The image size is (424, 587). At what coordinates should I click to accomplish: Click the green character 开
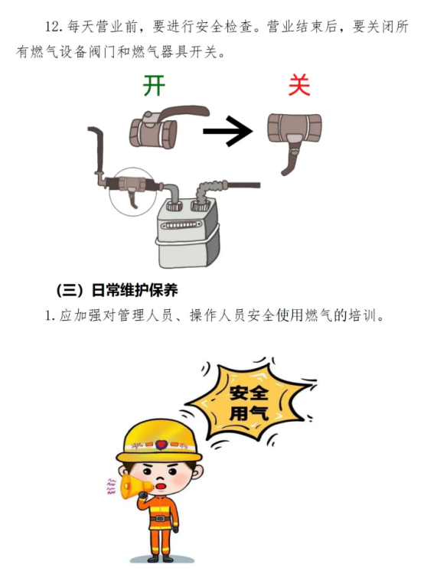point(154,86)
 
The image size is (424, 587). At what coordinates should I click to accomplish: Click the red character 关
point(299,85)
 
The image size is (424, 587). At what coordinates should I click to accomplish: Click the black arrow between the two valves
point(228,131)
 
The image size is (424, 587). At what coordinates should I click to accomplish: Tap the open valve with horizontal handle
point(165,126)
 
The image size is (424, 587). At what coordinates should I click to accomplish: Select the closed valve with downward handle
point(294,139)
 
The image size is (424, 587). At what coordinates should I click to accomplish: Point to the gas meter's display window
point(181,225)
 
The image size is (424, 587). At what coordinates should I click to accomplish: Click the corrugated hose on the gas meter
point(208,191)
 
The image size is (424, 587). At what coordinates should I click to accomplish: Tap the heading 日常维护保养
point(135,291)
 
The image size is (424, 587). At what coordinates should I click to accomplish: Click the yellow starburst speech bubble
point(250,403)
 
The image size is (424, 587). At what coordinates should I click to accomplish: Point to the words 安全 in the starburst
point(249,393)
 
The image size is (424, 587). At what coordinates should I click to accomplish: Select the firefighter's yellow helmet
point(159,442)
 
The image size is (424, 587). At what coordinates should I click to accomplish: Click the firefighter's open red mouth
point(161,485)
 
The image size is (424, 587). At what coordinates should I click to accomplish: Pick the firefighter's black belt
point(161,518)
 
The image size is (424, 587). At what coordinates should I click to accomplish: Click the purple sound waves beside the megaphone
point(111,487)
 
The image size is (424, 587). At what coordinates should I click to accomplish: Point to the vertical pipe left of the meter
point(99,150)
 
